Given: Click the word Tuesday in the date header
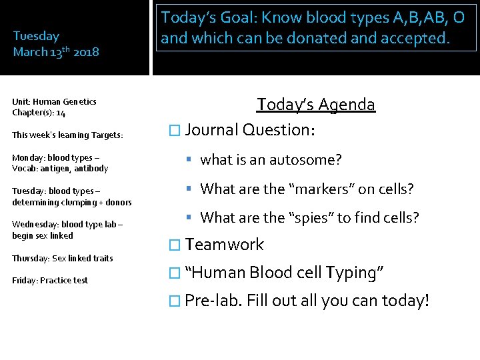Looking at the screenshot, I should (36, 36).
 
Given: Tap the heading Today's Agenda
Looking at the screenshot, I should (316, 105).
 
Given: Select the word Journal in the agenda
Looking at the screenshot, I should (212, 129).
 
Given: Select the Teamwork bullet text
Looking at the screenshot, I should (225, 245).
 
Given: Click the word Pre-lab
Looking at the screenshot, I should (213, 301).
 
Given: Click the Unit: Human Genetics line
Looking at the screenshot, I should (54, 102).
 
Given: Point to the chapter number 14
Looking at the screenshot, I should (61, 113).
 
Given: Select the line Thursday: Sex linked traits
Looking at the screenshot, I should (63, 258).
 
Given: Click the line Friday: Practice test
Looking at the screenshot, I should (50, 281).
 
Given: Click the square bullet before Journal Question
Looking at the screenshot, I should (175, 130).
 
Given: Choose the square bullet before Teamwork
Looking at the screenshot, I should (175, 245).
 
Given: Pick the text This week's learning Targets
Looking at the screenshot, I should (67, 135).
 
